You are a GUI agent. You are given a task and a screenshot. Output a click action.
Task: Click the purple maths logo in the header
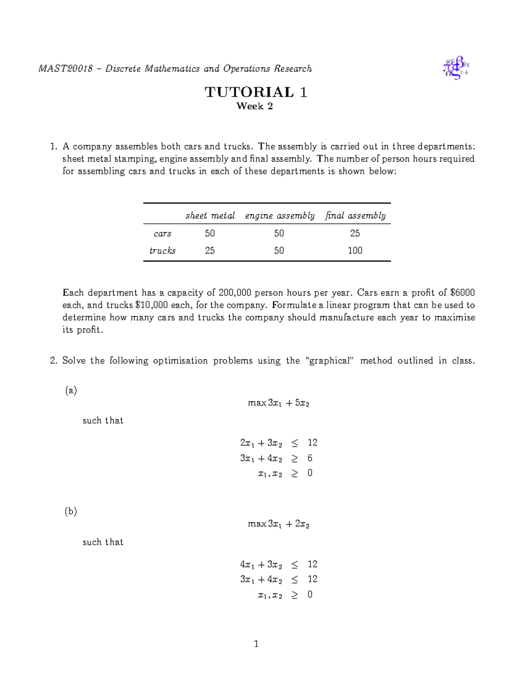pyautogui.click(x=456, y=68)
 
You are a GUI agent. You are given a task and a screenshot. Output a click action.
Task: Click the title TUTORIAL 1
pyautogui.click(x=256, y=92)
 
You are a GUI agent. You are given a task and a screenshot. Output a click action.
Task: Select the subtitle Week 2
pyautogui.click(x=255, y=106)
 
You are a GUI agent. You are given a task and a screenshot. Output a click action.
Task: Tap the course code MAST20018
pyautogui.click(x=66, y=69)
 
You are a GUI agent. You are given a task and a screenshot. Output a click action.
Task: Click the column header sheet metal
pyautogui.click(x=210, y=216)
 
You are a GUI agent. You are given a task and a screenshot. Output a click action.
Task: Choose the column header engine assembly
pyautogui.click(x=280, y=216)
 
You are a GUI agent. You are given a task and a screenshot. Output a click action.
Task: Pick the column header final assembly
pyautogui.click(x=355, y=216)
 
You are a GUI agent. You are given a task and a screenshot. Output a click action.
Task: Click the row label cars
pyautogui.click(x=162, y=233)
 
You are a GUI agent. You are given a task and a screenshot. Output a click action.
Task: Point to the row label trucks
pyautogui.click(x=162, y=251)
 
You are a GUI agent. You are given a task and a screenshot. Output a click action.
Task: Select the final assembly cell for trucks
pyautogui.click(x=355, y=251)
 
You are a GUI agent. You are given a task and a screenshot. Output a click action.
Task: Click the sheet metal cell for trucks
pyautogui.click(x=210, y=251)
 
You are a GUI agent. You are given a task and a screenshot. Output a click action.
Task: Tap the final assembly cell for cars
pyautogui.click(x=355, y=233)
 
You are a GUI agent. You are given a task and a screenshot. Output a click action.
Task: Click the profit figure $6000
pyautogui.click(x=462, y=292)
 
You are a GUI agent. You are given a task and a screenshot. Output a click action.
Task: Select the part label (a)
pyautogui.click(x=71, y=390)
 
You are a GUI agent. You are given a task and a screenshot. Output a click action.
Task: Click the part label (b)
pyautogui.click(x=71, y=512)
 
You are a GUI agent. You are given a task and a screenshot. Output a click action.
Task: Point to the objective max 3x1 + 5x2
pyautogui.click(x=278, y=403)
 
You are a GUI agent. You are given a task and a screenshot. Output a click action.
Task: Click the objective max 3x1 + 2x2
pyautogui.click(x=278, y=524)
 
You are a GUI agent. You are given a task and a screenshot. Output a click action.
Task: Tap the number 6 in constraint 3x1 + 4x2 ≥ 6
pyautogui.click(x=310, y=458)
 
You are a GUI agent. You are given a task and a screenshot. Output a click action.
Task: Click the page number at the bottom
pyautogui.click(x=256, y=644)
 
